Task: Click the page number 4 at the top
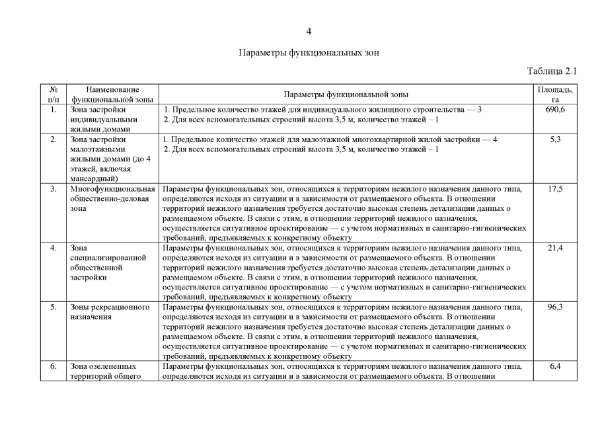(309, 31)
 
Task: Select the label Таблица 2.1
(552, 71)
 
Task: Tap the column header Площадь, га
(555, 94)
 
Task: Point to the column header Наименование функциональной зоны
(112, 94)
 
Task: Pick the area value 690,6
(555, 110)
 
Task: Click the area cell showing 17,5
(555, 189)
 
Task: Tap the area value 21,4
(555, 248)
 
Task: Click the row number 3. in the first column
(53, 189)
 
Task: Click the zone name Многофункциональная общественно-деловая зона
(112, 198)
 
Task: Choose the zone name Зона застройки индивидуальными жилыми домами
(103, 120)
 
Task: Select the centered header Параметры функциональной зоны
(346, 95)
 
